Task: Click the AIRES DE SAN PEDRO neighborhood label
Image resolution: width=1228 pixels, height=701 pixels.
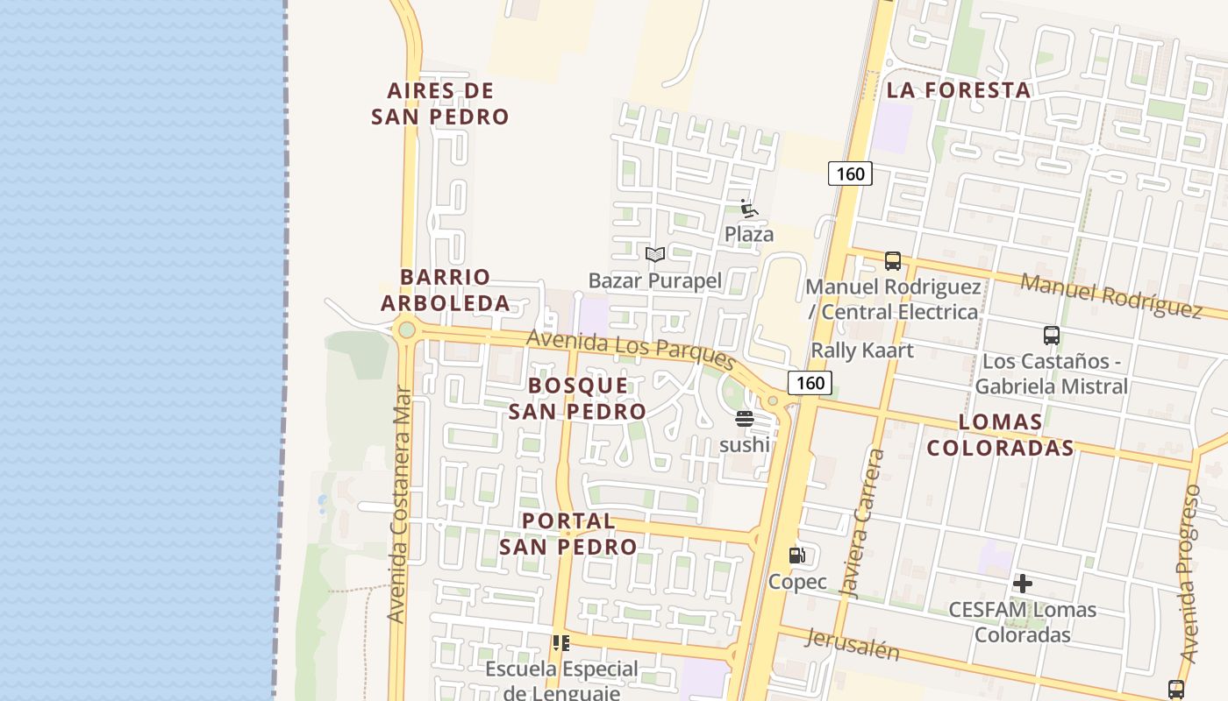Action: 440,103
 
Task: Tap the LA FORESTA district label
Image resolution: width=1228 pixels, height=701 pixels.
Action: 958,90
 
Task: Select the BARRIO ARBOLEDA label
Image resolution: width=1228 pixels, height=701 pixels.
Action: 446,290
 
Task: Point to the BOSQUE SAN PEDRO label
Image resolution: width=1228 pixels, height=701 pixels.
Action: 578,398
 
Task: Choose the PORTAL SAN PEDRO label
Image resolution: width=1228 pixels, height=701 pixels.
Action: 568,534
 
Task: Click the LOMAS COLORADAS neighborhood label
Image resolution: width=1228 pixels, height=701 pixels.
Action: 1000,435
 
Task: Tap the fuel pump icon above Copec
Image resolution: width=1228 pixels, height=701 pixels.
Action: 796,555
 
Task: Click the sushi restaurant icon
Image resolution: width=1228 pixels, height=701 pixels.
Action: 745,419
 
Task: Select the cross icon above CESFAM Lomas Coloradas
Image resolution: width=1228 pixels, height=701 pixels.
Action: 1022,584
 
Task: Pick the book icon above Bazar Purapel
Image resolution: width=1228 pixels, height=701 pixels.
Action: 654,255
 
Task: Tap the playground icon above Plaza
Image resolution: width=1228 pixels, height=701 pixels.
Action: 748,209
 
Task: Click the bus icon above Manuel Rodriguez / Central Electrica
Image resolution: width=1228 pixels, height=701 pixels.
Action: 893,260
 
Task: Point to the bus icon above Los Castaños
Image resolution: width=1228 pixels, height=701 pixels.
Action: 1051,335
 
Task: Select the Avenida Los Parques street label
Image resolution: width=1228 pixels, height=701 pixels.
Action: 632,350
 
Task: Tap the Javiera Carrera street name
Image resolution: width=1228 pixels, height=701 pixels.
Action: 862,523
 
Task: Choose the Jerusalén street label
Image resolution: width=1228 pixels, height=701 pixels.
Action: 851,645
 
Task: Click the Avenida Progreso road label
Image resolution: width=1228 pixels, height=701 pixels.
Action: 1189,574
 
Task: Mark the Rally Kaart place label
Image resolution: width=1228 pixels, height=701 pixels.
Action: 862,350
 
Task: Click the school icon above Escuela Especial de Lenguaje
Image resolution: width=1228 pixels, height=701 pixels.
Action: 561,643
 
